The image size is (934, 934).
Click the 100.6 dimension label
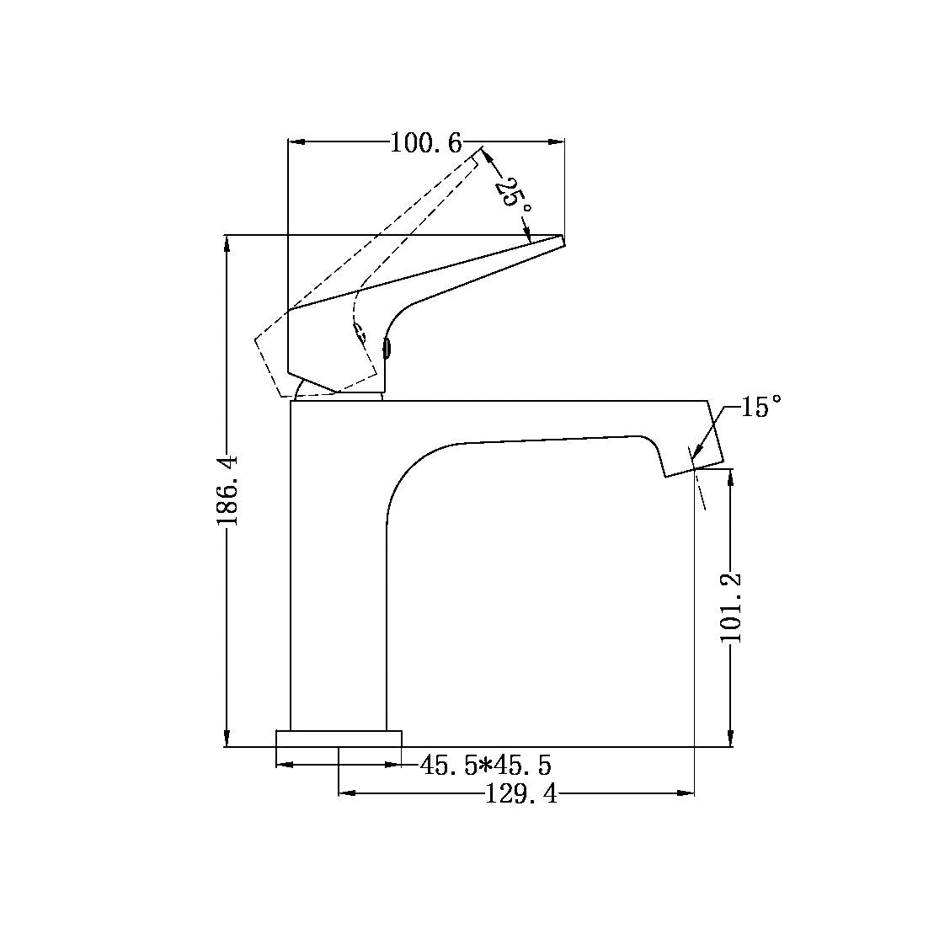(x=426, y=143)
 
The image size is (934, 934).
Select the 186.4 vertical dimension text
(x=228, y=490)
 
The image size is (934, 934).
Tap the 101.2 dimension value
(x=730, y=606)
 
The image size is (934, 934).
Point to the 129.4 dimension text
(x=521, y=793)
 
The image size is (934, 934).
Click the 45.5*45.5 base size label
(x=486, y=766)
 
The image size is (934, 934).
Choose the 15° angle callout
(x=761, y=409)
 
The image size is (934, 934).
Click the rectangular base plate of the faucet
(x=339, y=738)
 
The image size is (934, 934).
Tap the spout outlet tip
(x=694, y=469)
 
